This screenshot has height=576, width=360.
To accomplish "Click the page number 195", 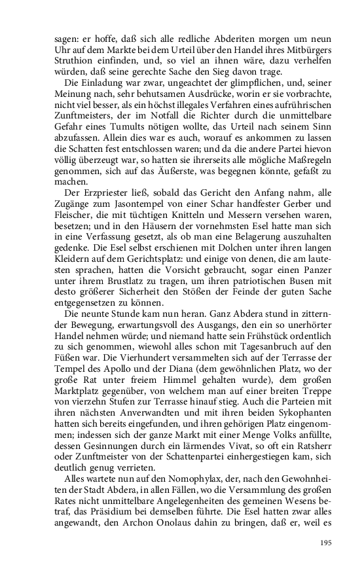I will (x=327, y=543).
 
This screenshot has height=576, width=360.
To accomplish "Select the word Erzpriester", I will (x=107, y=197).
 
